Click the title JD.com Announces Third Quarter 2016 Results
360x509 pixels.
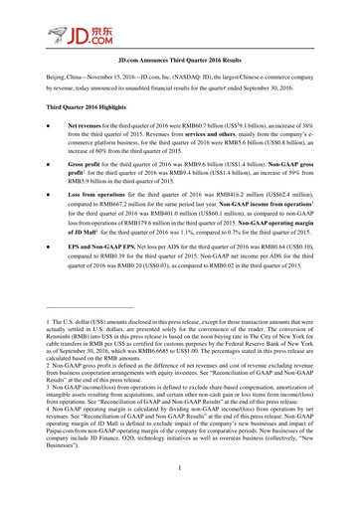click(180, 61)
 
